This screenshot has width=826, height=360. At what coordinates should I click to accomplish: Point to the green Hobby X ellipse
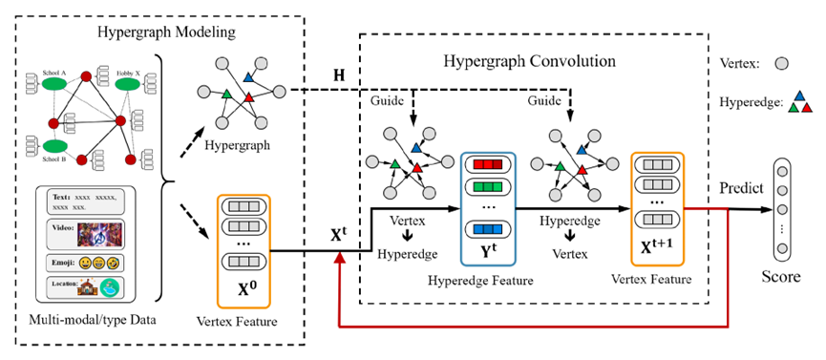click(131, 85)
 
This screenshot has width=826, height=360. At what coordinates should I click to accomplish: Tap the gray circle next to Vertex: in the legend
click(782, 63)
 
